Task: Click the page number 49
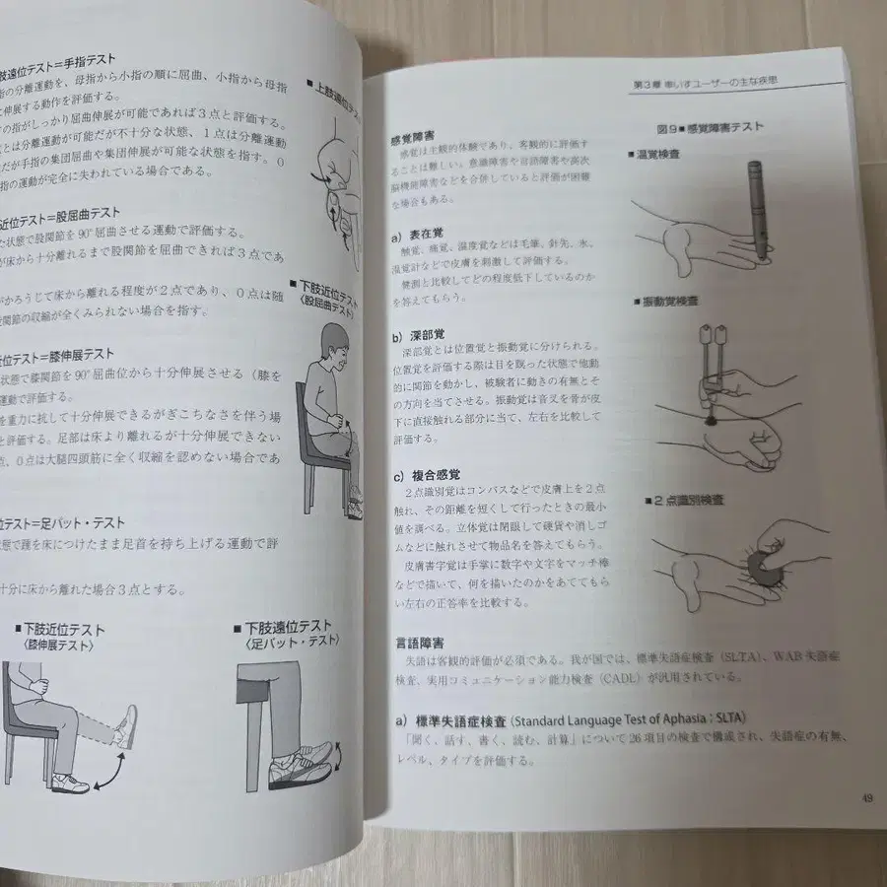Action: point(865,798)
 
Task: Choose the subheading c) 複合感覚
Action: point(428,475)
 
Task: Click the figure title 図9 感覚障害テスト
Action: point(709,127)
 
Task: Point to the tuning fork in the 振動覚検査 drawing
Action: point(716,365)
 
